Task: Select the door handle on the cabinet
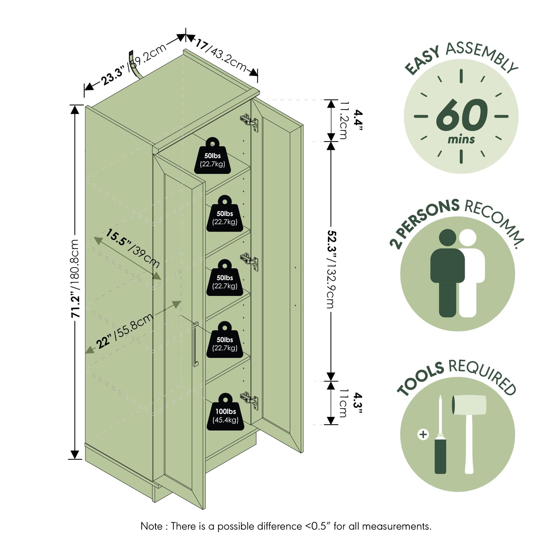[195, 344]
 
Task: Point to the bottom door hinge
[249, 401]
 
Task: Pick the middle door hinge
[249, 262]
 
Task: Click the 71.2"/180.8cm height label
[75, 278]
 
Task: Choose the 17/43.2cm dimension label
[221, 55]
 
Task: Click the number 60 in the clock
[461, 116]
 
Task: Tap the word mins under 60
[461, 140]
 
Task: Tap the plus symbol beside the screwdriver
[423, 434]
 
